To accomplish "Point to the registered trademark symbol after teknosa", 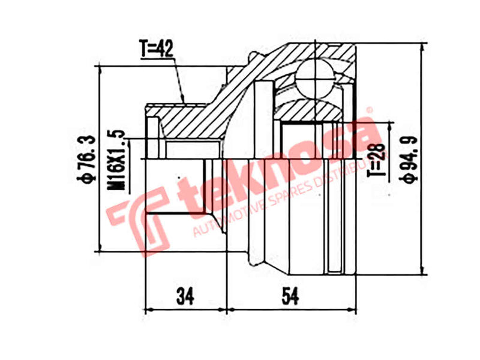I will pos(370,110).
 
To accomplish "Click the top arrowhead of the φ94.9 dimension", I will pos(424,46).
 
